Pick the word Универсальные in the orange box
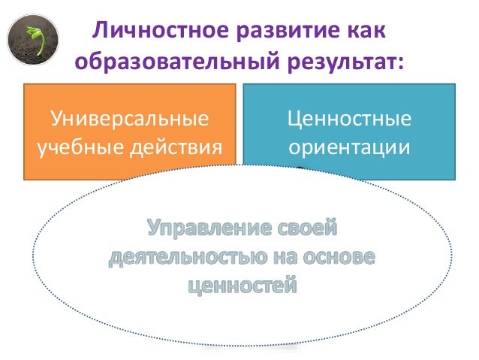point(129,119)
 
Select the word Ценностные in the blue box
point(350,119)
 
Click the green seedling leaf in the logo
point(33,34)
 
